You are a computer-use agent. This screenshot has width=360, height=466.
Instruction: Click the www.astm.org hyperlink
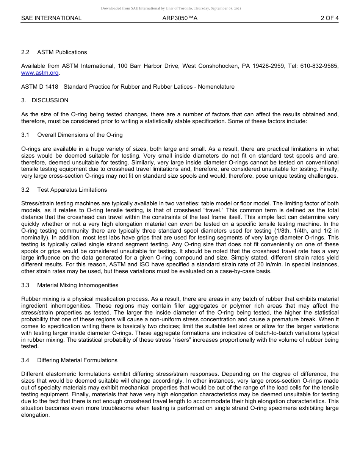click(40, 73)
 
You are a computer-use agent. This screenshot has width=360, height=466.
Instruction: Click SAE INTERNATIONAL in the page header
click(51, 18)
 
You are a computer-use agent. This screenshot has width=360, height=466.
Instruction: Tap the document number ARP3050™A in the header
click(180, 18)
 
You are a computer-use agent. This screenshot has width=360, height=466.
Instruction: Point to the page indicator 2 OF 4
click(329, 18)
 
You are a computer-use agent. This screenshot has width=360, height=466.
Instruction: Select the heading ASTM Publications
click(62, 52)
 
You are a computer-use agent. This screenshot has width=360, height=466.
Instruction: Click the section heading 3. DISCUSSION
click(45, 100)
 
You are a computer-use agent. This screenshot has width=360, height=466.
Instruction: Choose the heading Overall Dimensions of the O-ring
click(80, 135)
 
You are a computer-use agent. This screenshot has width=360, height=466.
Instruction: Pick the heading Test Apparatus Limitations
click(72, 190)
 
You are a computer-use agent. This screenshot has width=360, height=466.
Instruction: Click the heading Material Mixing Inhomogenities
click(78, 285)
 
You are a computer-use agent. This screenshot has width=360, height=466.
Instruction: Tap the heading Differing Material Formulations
click(77, 360)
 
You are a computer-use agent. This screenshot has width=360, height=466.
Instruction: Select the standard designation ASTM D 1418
click(40, 87)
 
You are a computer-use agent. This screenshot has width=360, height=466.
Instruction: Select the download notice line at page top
click(171, 8)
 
